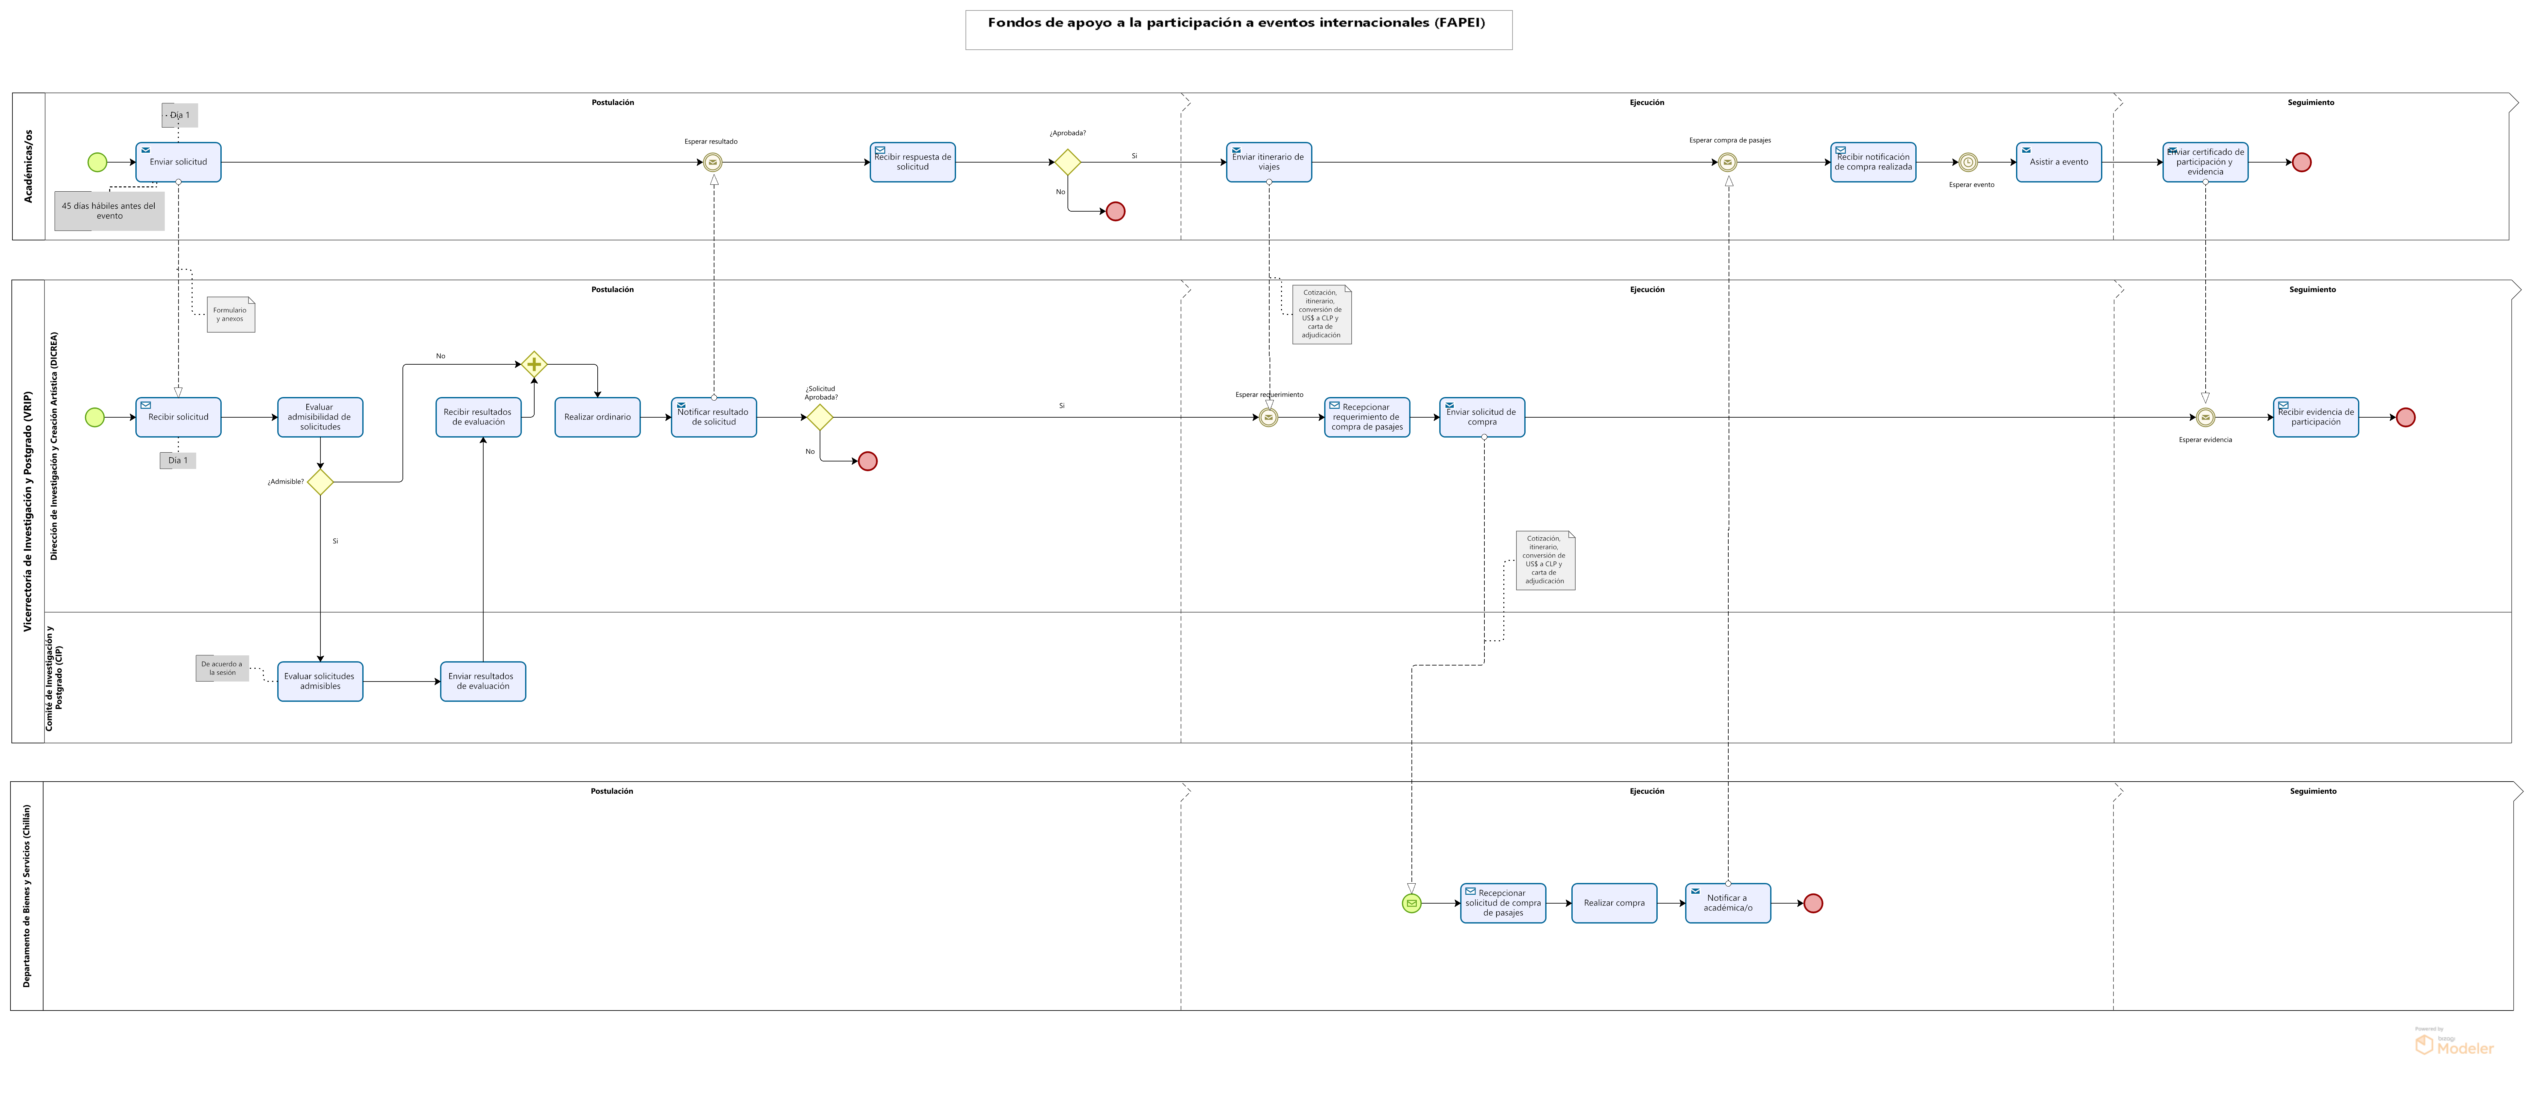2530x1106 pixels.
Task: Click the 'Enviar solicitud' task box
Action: click(178, 162)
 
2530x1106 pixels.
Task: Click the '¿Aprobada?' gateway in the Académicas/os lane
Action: click(1068, 162)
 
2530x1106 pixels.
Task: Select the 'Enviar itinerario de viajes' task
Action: click(1269, 162)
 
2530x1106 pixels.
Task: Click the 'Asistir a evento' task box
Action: click(2059, 162)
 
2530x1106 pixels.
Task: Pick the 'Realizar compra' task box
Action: click(1614, 903)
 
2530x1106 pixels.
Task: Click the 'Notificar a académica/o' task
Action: click(1728, 903)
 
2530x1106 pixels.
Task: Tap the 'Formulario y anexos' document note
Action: click(231, 314)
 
